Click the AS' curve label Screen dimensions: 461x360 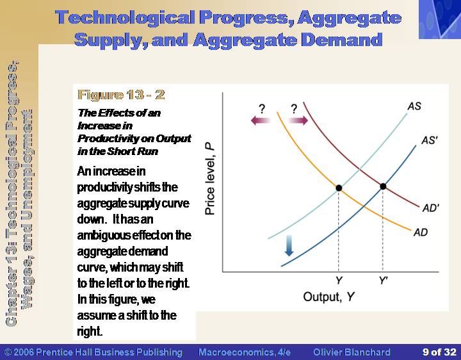[x=430, y=140]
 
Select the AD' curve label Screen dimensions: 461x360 [x=431, y=208]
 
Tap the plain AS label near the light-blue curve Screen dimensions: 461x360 [x=414, y=106]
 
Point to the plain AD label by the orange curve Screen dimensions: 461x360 [x=421, y=233]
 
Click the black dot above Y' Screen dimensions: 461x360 [x=383, y=186]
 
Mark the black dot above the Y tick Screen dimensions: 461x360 [x=339, y=188]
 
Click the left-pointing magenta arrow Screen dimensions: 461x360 [x=260, y=120]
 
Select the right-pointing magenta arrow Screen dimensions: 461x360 [x=298, y=120]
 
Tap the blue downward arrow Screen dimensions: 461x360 [x=289, y=245]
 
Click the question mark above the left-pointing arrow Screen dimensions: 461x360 [x=262, y=109]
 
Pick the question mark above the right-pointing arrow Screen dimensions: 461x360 [x=294, y=109]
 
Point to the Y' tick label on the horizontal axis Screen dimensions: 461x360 [x=383, y=281]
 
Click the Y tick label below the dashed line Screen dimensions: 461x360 [x=339, y=281]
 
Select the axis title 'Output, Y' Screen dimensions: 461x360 [x=328, y=297]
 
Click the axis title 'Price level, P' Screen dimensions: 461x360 [x=209, y=179]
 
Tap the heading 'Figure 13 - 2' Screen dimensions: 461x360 [x=121, y=95]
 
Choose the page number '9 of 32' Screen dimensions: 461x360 [x=439, y=352]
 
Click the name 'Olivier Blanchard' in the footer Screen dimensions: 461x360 [x=352, y=352]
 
